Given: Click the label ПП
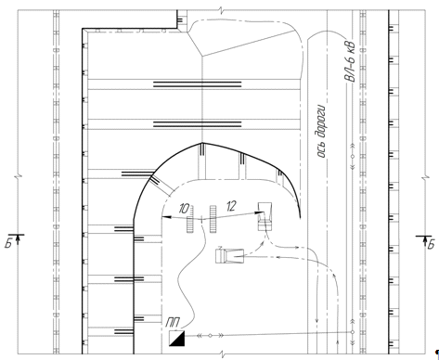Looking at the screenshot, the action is click(x=173, y=323).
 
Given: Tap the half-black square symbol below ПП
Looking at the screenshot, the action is click(x=177, y=338).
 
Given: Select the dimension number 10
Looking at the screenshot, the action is click(x=184, y=209).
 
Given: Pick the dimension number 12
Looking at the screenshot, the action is click(x=231, y=206).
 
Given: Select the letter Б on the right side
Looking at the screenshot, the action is click(x=431, y=244).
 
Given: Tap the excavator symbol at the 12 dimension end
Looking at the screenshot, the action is click(x=265, y=216).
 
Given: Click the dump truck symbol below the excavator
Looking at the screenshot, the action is click(x=230, y=256).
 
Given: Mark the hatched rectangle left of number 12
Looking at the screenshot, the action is click(x=213, y=219).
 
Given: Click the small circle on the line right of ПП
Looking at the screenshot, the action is click(x=210, y=336).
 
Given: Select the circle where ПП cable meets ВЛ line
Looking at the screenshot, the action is click(x=352, y=332).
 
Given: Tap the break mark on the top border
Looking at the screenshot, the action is click(x=222, y=10).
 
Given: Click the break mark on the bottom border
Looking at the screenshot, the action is click(x=222, y=354).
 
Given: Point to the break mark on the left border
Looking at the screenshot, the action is click(x=19, y=177).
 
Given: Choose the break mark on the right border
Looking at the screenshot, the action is click(x=426, y=178).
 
